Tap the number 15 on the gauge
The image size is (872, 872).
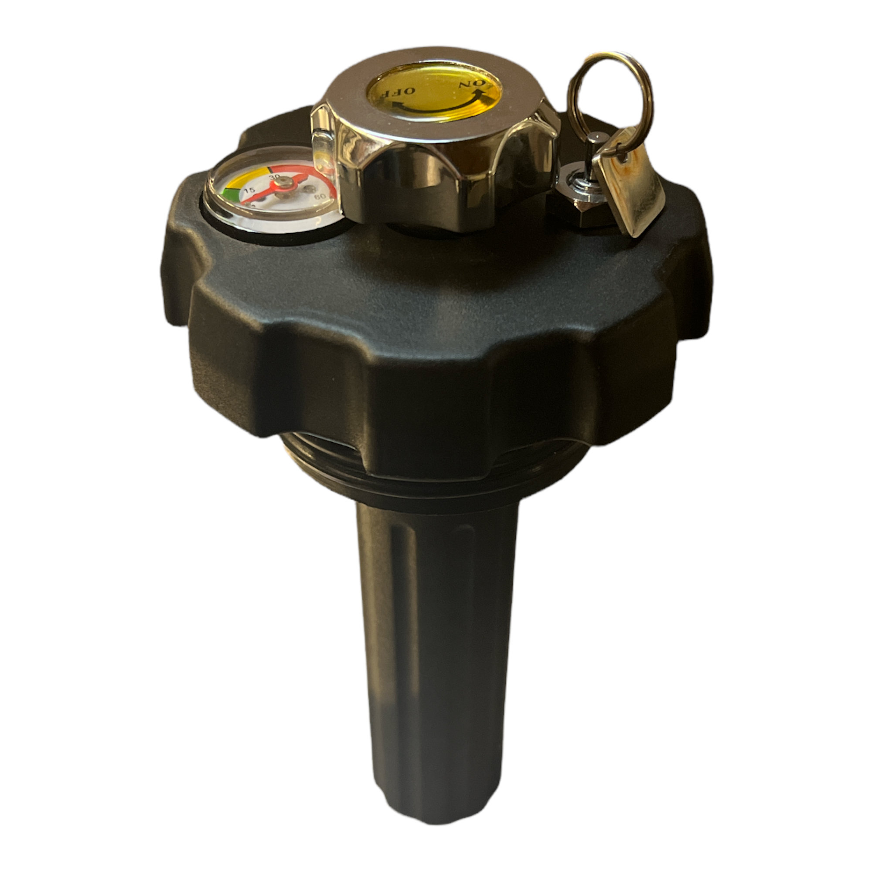(249, 190)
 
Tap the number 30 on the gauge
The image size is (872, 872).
(274, 177)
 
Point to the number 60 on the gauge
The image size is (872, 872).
(320, 196)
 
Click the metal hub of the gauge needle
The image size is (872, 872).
(284, 183)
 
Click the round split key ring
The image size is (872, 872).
(610, 97)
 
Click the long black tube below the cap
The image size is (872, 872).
(436, 632)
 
